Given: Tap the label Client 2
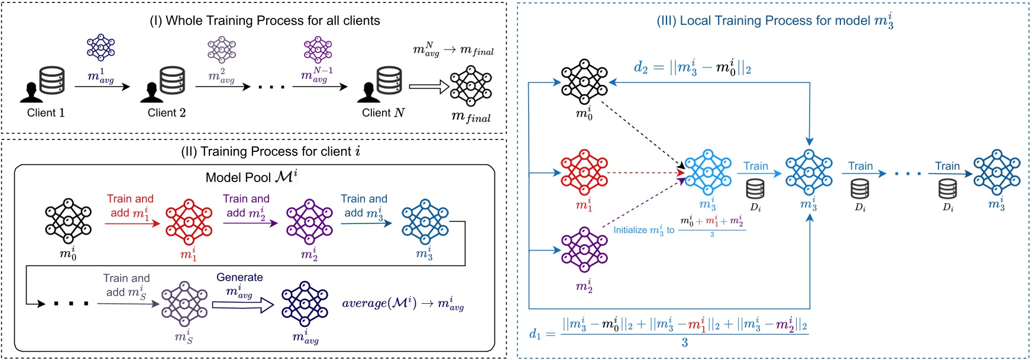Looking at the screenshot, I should point(166,113).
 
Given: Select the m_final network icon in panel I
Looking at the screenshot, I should point(471,86).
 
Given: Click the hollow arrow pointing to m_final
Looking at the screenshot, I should point(429,87).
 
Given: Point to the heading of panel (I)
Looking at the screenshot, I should point(264,21).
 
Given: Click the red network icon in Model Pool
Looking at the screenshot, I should point(188,222).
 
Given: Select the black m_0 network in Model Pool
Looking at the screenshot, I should point(68,222).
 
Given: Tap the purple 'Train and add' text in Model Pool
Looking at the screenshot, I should point(246,205).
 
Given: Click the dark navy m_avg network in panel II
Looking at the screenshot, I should point(305,304).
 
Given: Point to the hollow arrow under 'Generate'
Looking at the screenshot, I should point(243,304).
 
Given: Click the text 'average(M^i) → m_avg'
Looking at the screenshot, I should point(403,304).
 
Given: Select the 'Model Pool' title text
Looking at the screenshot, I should point(251,177).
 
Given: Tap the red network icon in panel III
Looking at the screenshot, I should point(584,173).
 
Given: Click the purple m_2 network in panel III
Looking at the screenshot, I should point(584,250).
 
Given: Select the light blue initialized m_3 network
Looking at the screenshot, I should point(707,173).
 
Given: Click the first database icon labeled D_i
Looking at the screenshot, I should point(755,190).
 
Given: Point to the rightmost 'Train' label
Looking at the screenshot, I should point(947,166).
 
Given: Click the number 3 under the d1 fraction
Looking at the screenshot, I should point(684,343).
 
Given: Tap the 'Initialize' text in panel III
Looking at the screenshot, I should point(630,230).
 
